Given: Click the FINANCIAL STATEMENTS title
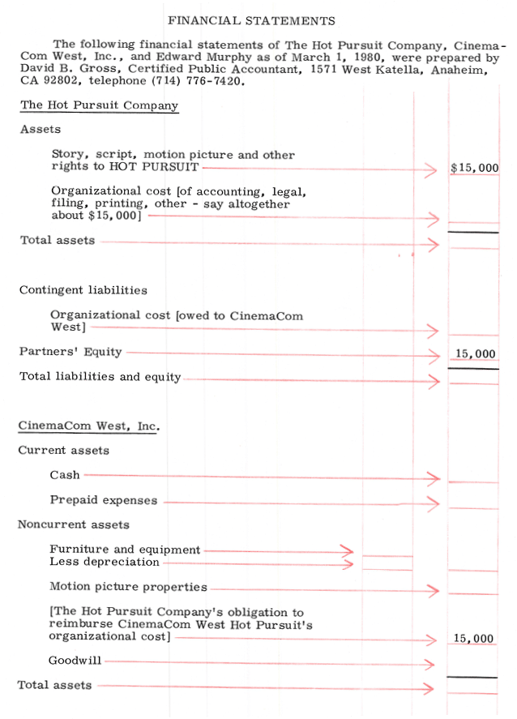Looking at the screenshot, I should (251, 20).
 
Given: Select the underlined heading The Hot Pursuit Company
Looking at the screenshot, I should (99, 105).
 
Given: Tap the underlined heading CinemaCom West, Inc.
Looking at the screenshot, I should (88, 426).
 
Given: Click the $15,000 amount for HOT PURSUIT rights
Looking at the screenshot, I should (474, 169).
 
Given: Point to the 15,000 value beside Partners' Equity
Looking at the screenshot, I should (475, 354).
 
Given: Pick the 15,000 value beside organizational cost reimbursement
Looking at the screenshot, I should (473, 639).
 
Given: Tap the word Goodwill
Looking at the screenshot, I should (75, 661).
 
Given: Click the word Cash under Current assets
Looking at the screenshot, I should (65, 475).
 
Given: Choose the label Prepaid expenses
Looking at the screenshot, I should (104, 500).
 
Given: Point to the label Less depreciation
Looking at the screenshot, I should (105, 562).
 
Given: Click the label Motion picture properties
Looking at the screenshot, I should (128, 587).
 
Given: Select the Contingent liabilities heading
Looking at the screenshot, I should (83, 290).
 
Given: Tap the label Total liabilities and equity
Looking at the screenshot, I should (100, 377).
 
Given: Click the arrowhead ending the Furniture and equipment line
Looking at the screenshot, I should (348, 550).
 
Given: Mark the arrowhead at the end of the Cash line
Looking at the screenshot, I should (433, 478).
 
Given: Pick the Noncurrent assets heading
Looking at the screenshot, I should (74, 524).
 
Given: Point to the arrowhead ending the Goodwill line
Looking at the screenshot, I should (430, 665).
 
